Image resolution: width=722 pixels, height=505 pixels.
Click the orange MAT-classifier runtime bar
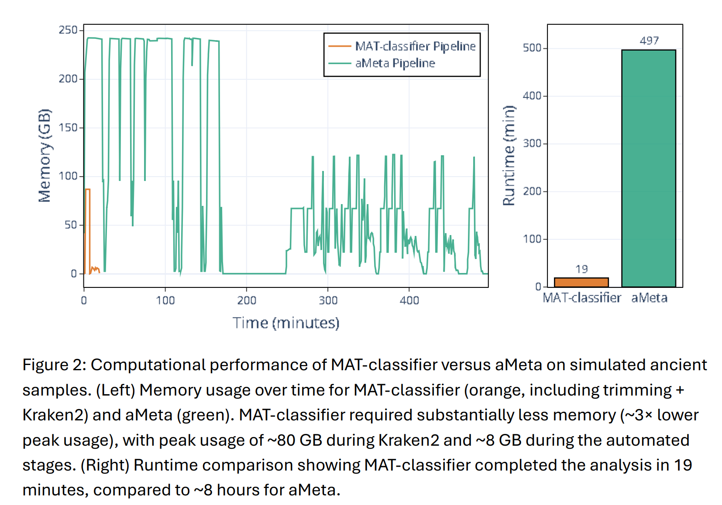(581, 282)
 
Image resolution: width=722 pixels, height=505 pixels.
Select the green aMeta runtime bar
(649, 168)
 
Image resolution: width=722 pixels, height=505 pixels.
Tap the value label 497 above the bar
(649, 41)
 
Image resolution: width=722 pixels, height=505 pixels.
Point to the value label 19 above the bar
(581, 269)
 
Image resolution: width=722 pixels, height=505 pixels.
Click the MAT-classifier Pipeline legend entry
(415, 46)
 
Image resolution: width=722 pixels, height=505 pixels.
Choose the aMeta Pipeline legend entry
(395, 63)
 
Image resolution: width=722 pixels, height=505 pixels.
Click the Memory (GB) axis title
(45, 156)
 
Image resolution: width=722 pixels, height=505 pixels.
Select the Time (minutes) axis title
(286, 323)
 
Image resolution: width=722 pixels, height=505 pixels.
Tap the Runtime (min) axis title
(509, 155)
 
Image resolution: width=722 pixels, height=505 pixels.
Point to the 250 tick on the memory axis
(68, 30)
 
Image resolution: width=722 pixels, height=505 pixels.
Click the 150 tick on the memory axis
(68, 128)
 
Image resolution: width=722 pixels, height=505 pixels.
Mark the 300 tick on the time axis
(328, 300)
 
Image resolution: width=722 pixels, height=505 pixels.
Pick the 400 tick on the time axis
(409, 300)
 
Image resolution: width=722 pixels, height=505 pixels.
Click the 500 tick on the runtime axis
(532, 48)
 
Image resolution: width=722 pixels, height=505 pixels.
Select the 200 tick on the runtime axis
(532, 191)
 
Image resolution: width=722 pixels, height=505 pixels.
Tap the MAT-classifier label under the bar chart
(581, 298)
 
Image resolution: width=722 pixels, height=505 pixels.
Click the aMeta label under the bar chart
(649, 298)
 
